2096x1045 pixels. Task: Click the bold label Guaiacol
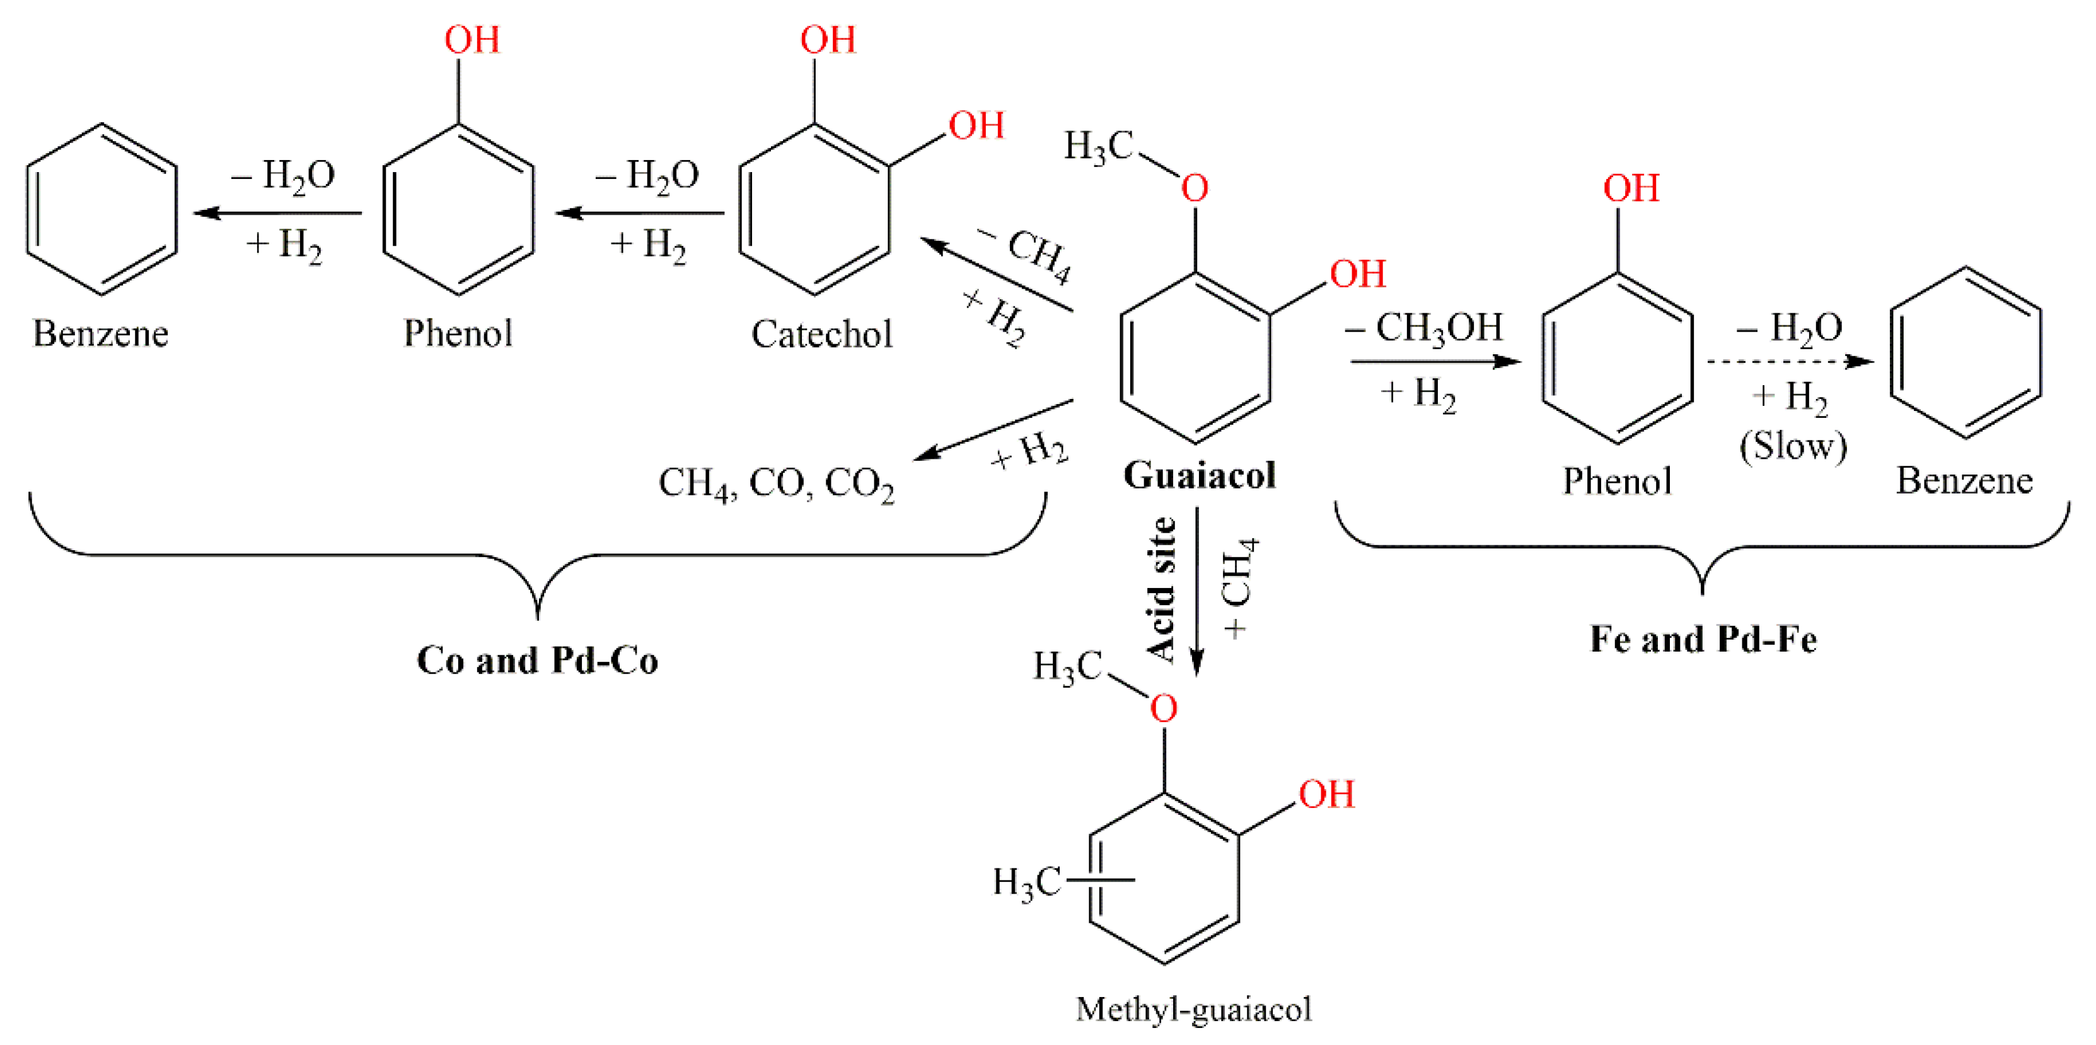click(x=1200, y=475)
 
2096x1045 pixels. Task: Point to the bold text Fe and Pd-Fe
click(x=1703, y=639)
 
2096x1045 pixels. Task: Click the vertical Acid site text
click(x=1162, y=589)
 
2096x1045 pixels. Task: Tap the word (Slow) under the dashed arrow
click(x=1793, y=446)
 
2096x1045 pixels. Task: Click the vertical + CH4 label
click(x=1239, y=587)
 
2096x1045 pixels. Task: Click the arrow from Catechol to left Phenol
click(x=640, y=213)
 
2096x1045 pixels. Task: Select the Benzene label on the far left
click(x=100, y=333)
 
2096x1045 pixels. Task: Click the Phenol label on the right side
click(x=1617, y=482)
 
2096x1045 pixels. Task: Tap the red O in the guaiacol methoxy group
click(x=1194, y=188)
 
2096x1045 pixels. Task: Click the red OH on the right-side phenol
click(x=1631, y=188)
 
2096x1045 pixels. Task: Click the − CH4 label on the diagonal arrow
click(x=1027, y=252)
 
